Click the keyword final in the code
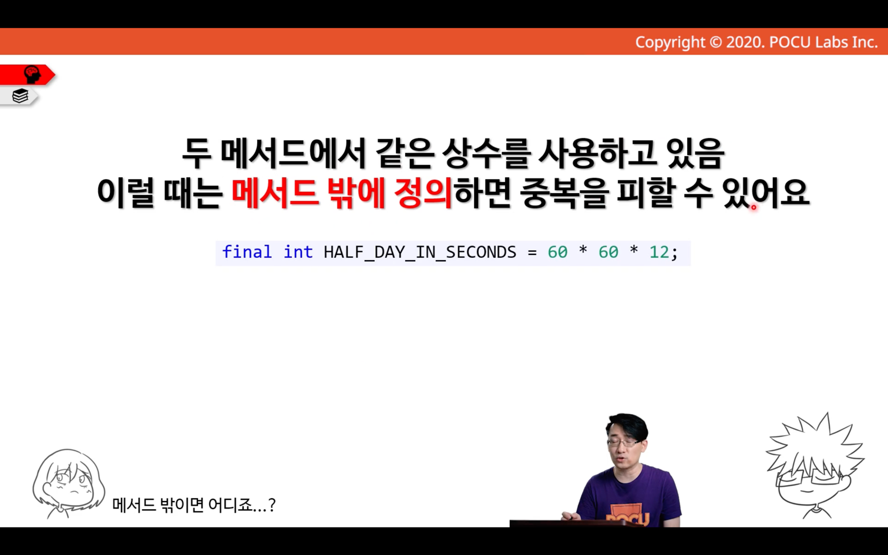tap(247, 252)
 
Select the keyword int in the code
tap(298, 252)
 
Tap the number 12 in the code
tap(659, 253)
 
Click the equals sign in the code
tap(532, 253)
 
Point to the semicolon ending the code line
tap(674, 254)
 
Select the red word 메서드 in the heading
tap(275, 193)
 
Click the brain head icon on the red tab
tap(32, 75)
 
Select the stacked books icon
tap(20, 96)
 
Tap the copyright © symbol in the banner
tap(715, 42)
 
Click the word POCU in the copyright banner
tap(790, 42)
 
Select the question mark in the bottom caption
tap(271, 505)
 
